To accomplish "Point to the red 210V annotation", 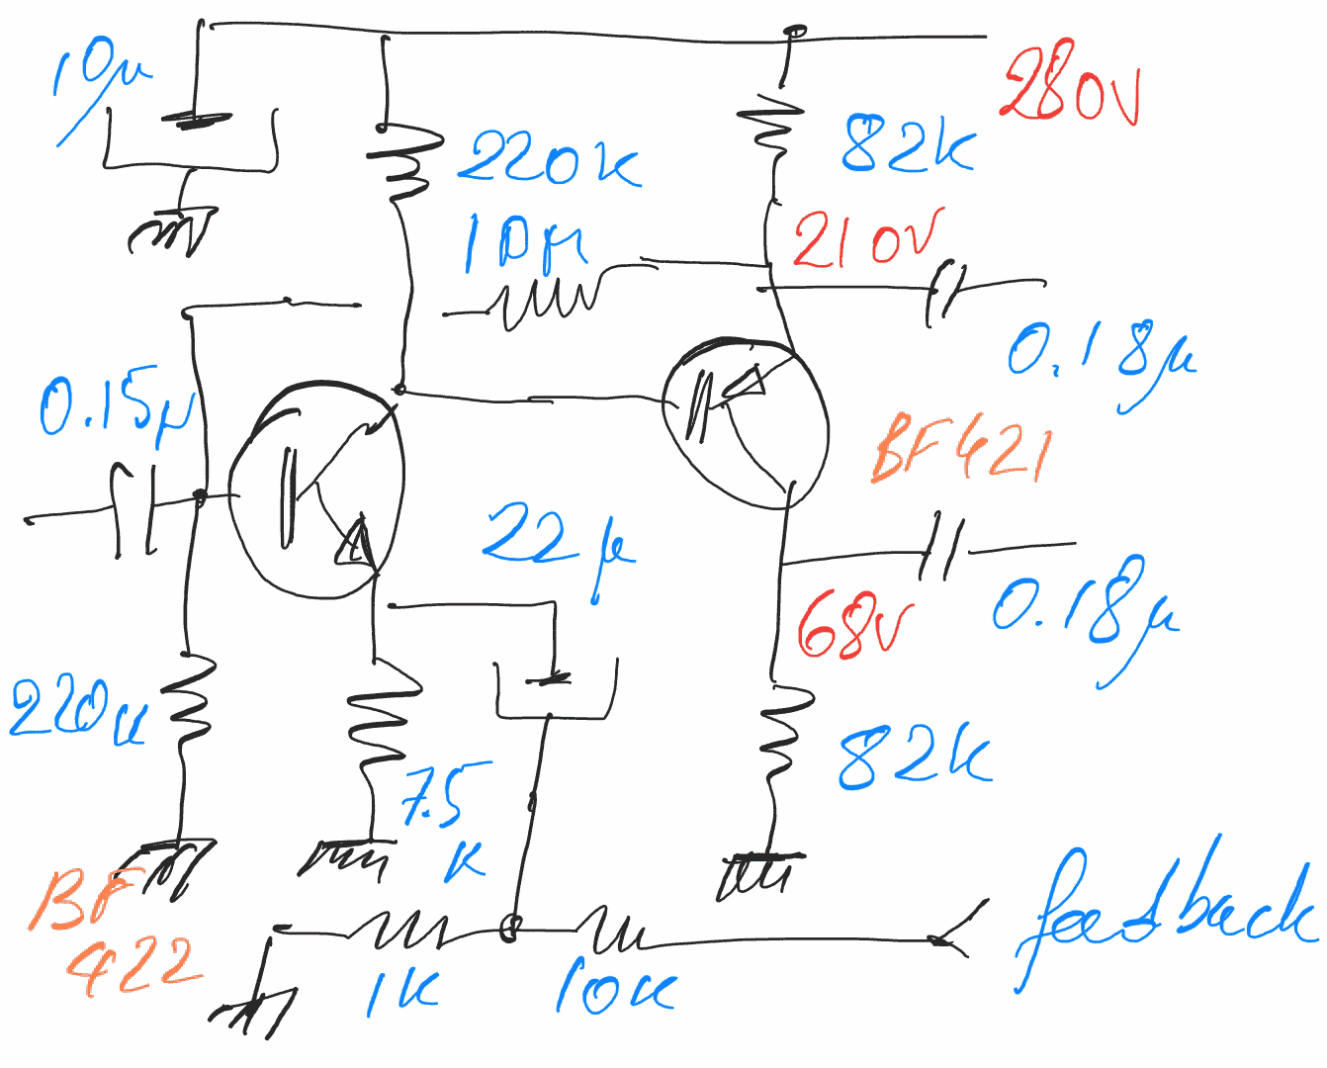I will (x=867, y=240).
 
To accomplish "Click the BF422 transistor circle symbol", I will (x=316, y=490).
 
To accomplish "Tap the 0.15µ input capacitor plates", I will (x=134, y=509).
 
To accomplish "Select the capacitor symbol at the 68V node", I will (x=940, y=547).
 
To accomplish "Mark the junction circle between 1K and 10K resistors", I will (x=510, y=929).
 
